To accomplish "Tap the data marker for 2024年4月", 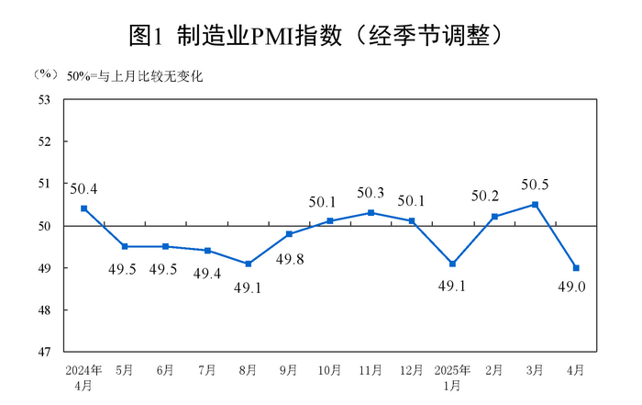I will (x=83, y=208).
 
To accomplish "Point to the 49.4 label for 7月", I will (x=207, y=273).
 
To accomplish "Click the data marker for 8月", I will (x=248, y=264).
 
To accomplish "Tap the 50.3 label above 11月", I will (x=371, y=193).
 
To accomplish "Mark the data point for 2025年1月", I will (x=452, y=264).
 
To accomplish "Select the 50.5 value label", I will (x=535, y=185).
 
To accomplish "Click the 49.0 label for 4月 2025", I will (x=575, y=288).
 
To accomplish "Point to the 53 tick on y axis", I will (x=44, y=99).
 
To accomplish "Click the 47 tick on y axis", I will (x=44, y=352).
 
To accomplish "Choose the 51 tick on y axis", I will (x=44, y=184).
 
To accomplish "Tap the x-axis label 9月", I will (x=289, y=370).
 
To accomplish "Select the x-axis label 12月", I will (x=412, y=370).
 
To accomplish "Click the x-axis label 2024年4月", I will (x=83, y=377).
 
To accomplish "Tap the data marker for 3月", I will (x=535, y=204).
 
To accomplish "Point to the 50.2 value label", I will (x=493, y=196).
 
